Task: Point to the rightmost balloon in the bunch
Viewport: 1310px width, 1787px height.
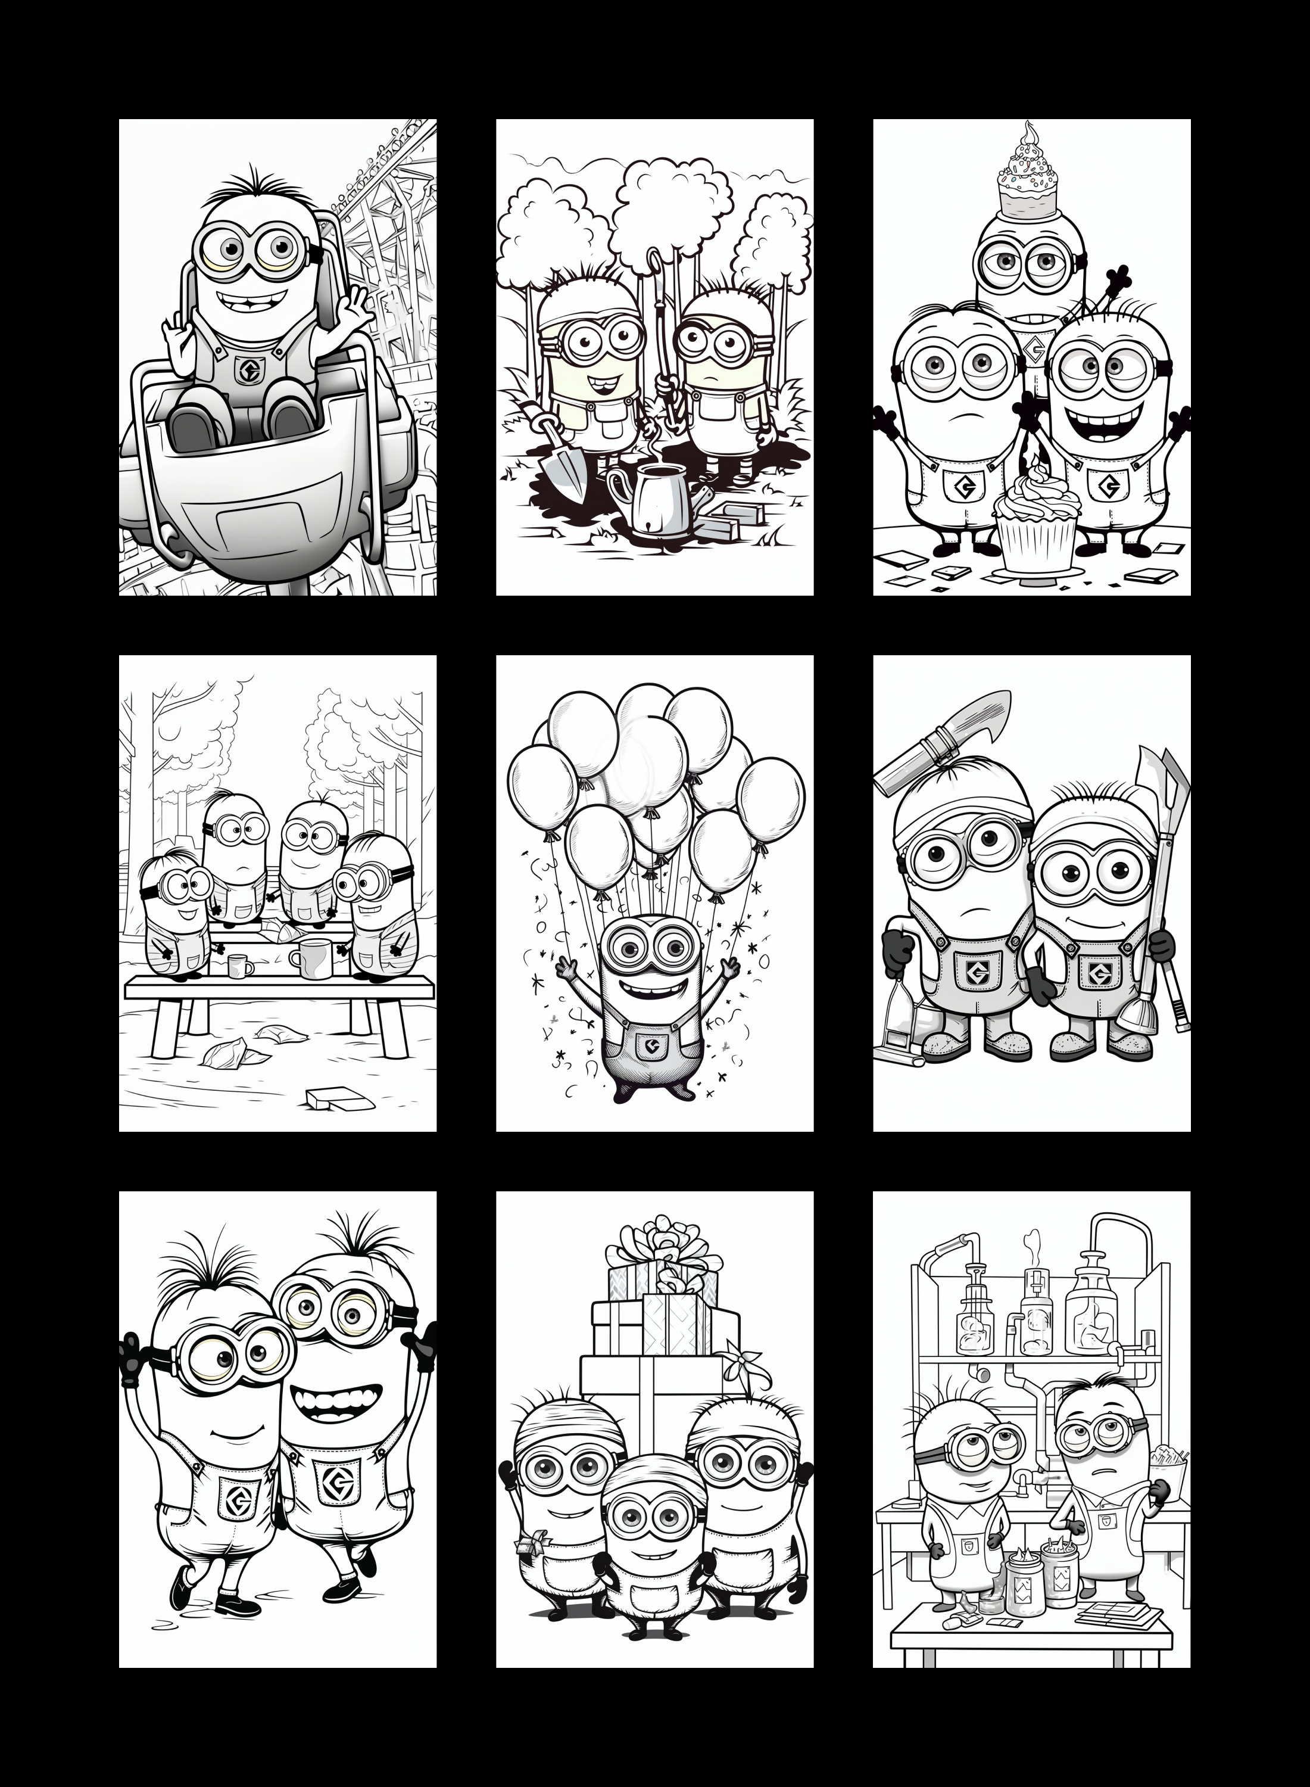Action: point(771,796)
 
